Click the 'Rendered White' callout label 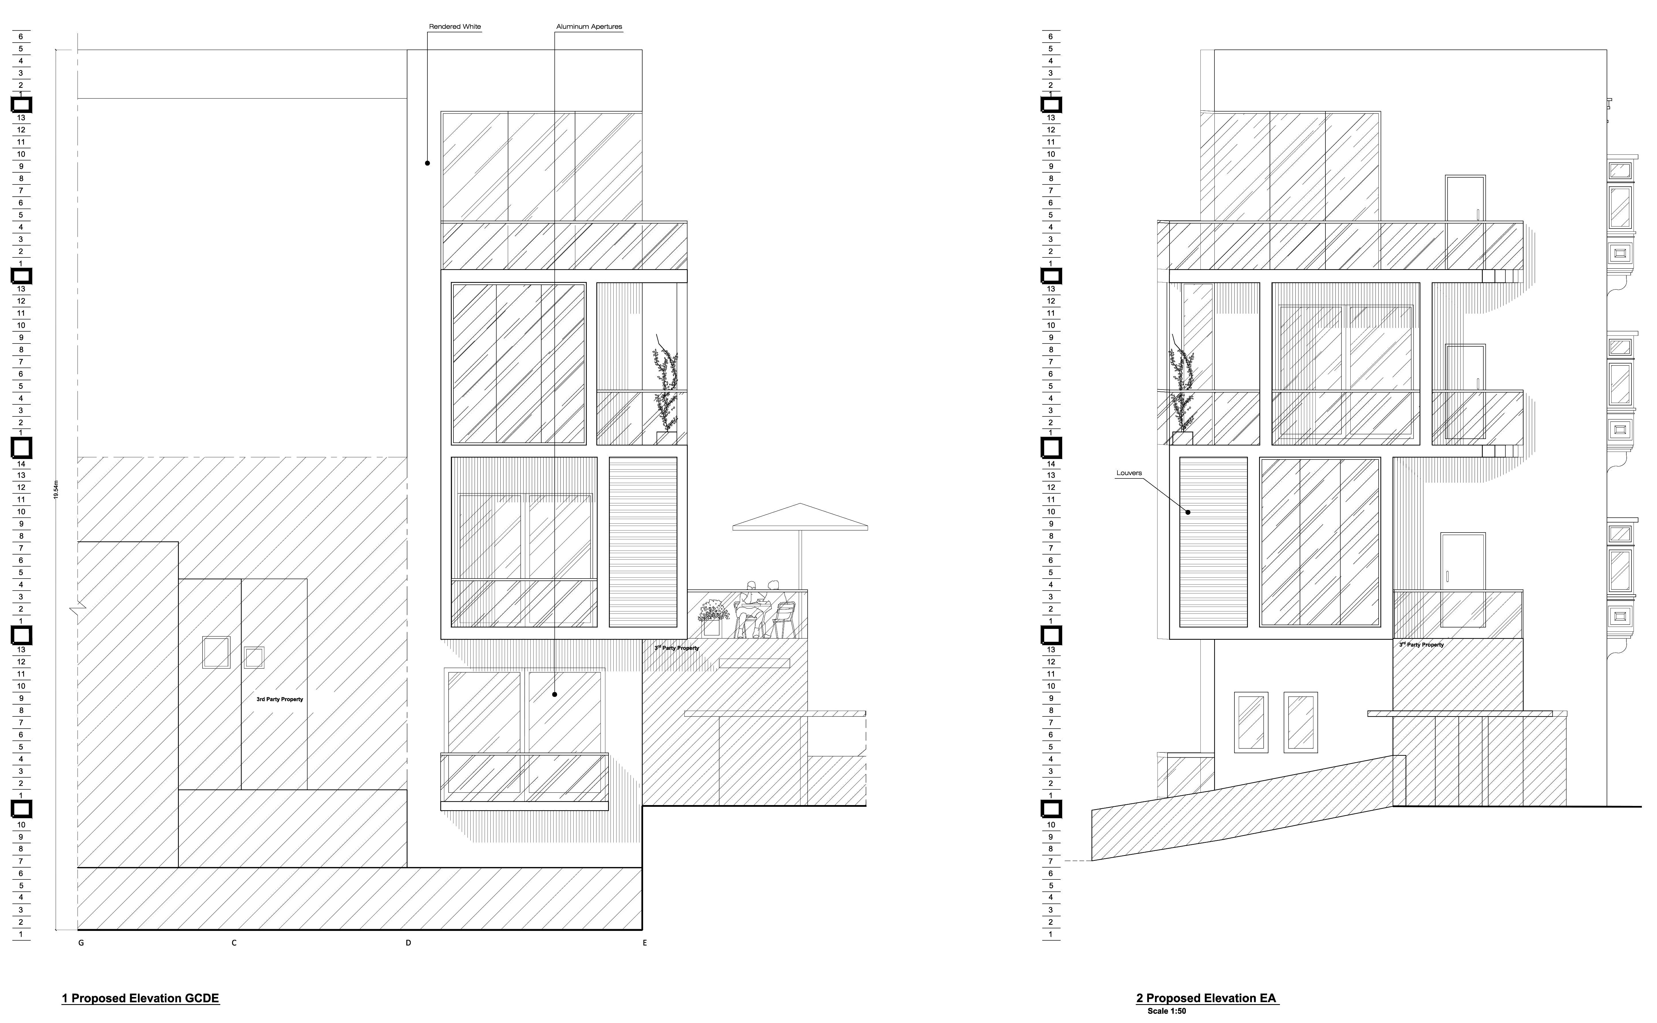coord(455,27)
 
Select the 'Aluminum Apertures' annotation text coord(589,27)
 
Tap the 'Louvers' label coord(1129,473)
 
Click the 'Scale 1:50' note coord(1166,1012)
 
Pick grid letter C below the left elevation coord(234,943)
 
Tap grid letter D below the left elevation coord(408,943)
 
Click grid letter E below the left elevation coord(644,943)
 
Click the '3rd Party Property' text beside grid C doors coord(280,699)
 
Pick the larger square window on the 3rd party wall coord(216,652)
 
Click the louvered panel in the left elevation coord(643,542)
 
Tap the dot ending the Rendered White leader coord(428,163)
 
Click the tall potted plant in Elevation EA coord(1182,392)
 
